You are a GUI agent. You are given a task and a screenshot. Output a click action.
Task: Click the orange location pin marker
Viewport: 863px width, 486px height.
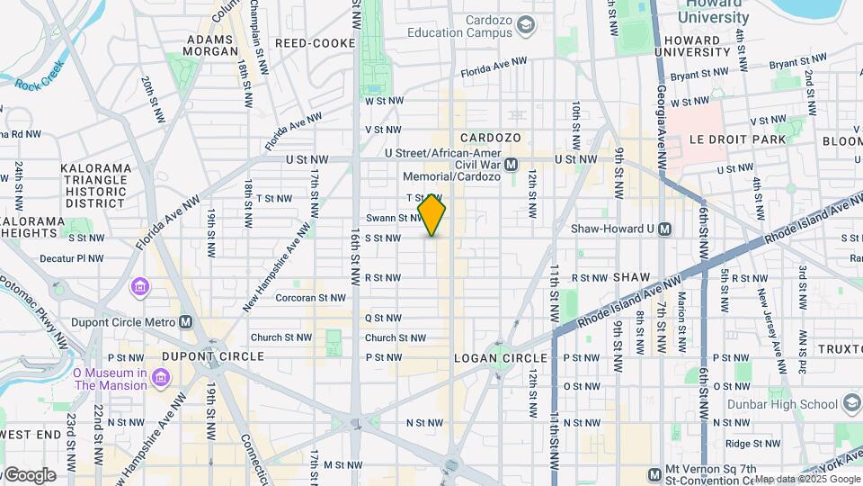432,215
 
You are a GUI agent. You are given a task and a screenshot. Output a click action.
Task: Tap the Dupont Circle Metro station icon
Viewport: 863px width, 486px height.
186,321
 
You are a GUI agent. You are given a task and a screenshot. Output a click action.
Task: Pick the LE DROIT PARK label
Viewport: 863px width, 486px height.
736,139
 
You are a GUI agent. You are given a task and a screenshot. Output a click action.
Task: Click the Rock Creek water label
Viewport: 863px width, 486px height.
40,75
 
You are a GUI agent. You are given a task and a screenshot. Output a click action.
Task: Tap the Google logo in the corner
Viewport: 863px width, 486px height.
29,474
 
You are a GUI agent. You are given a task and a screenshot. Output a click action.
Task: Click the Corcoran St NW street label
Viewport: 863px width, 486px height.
310,297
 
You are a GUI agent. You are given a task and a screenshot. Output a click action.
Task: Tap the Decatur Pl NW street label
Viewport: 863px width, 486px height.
72,258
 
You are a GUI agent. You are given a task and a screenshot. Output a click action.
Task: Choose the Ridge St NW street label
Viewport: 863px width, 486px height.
749,443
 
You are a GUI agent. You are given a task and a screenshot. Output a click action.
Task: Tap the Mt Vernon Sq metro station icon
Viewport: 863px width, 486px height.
655,474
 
